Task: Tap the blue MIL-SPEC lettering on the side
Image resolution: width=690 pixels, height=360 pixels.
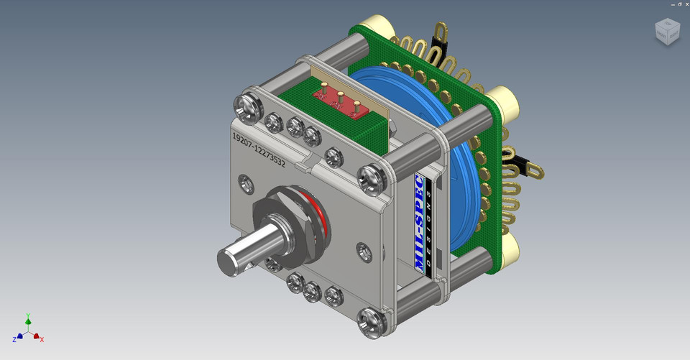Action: pos(420,223)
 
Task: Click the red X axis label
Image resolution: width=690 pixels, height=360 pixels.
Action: pos(42,339)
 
